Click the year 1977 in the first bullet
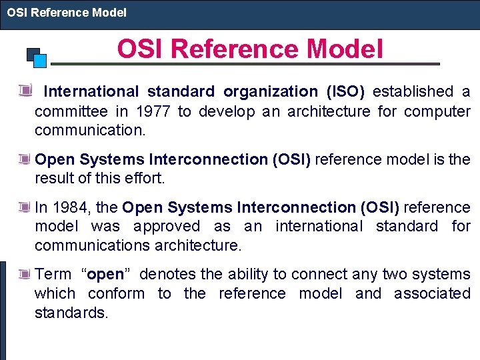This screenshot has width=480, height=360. [155, 111]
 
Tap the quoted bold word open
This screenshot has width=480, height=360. [105, 275]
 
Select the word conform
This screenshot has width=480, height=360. [116, 294]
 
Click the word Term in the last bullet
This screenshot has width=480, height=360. [53, 275]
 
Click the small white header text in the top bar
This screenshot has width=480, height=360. [67, 12]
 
